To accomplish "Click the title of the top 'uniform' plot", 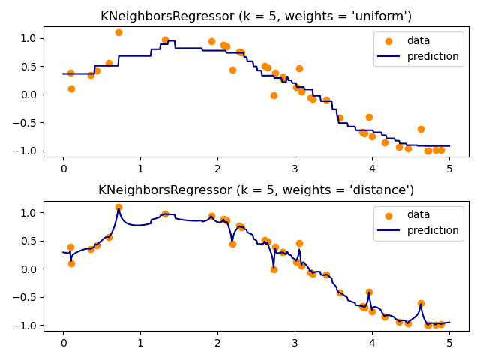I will (256, 16).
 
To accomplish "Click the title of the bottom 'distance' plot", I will (256, 190).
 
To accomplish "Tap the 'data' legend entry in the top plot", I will (418, 41).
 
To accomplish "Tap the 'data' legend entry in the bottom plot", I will (418, 215).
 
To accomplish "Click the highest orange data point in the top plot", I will (118, 32).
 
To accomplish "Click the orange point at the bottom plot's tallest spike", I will (118, 207).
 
